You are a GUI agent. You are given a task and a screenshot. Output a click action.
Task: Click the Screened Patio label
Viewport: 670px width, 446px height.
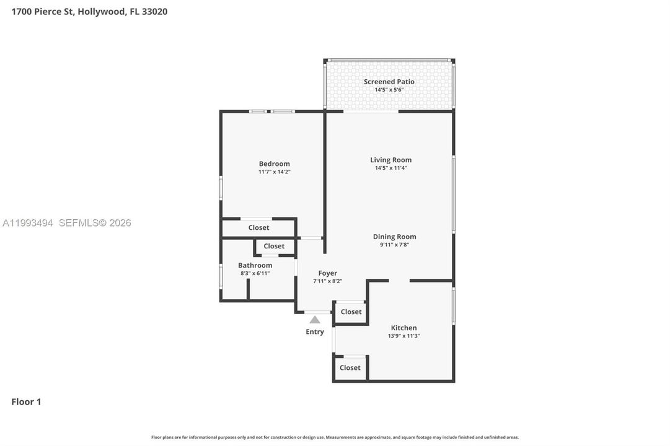pyautogui.click(x=389, y=82)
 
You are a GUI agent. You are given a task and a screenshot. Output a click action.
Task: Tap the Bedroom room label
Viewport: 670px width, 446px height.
pyautogui.click(x=275, y=164)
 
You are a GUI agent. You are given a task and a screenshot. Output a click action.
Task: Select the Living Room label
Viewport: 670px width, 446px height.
pyautogui.click(x=391, y=160)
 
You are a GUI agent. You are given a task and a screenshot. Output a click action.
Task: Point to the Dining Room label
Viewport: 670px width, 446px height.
pyautogui.click(x=394, y=237)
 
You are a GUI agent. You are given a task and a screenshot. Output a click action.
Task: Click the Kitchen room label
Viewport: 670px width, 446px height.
pyautogui.click(x=403, y=328)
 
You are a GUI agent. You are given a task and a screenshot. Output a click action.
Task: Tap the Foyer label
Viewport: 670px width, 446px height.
pyautogui.click(x=328, y=273)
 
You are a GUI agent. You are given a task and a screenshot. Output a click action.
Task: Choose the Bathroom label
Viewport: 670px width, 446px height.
pyautogui.click(x=255, y=265)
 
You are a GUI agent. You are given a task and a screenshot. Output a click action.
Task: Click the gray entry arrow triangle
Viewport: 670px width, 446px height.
pyautogui.click(x=315, y=320)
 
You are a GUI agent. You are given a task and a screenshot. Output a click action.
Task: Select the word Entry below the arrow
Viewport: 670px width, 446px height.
pyautogui.click(x=315, y=332)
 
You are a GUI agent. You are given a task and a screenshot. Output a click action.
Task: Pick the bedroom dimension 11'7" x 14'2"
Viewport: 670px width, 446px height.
pyautogui.click(x=275, y=172)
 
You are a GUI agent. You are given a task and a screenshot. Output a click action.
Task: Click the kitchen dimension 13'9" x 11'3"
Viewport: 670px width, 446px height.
pyautogui.click(x=403, y=336)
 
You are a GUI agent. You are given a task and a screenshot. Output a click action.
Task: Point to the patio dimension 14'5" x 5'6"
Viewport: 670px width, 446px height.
pyautogui.click(x=389, y=90)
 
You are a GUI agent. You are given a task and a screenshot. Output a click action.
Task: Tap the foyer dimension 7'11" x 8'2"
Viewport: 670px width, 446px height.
pyautogui.click(x=328, y=281)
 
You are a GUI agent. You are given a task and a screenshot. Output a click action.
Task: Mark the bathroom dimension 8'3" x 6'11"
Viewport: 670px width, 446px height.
pyautogui.click(x=255, y=273)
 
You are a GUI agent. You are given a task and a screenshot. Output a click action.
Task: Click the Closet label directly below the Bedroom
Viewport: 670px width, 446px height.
pyautogui.click(x=259, y=228)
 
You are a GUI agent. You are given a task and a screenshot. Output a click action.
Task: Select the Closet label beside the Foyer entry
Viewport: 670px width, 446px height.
pyautogui.click(x=351, y=312)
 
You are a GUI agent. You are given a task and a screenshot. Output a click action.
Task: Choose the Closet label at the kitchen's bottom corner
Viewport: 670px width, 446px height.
pyautogui.click(x=350, y=368)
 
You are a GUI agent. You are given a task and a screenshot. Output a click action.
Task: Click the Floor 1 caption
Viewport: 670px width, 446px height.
pyautogui.click(x=26, y=401)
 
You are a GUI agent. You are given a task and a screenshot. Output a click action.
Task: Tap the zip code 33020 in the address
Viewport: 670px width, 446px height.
pyautogui.click(x=155, y=12)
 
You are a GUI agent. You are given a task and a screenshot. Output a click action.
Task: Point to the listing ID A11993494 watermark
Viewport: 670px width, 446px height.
pyautogui.click(x=28, y=222)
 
